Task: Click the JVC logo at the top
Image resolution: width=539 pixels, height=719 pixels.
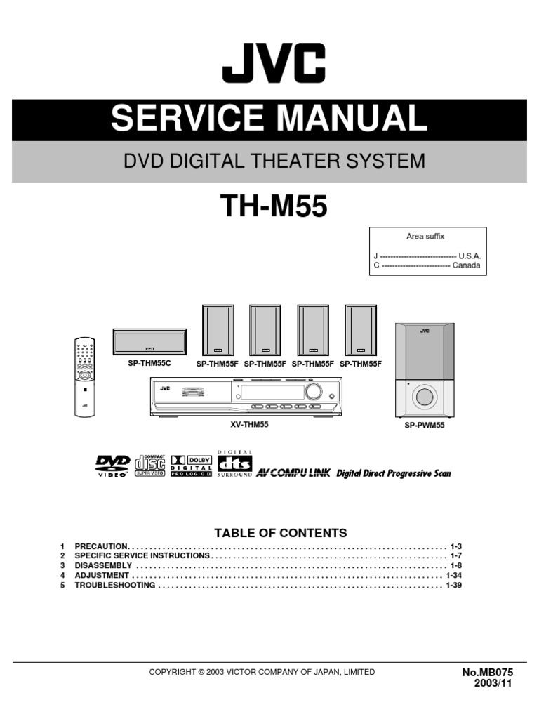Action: pyautogui.click(x=274, y=62)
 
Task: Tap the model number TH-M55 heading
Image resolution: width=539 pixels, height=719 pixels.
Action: pyautogui.click(x=274, y=206)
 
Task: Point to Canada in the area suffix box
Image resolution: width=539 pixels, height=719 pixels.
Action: pyautogui.click(x=466, y=266)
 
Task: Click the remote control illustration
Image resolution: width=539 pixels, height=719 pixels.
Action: pyautogui.click(x=85, y=376)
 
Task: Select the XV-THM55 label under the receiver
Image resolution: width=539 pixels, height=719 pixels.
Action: pyautogui.click(x=250, y=425)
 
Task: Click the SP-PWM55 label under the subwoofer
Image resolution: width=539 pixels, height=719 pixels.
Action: pyautogui.click(x=425, y=426)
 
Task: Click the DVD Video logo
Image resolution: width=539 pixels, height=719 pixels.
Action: pyautogui.click(x=112, y=466)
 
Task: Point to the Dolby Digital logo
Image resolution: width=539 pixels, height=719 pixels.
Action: pyautogui.click(x=191, y=464)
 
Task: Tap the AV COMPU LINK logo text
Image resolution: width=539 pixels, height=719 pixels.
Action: pyautogui.click(x=293, y=473)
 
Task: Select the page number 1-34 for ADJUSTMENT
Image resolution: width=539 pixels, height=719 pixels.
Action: pyautogui.click(x=453, y=575)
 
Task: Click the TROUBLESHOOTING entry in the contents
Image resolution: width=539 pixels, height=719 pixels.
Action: pyautogui.click(x=115, y=585)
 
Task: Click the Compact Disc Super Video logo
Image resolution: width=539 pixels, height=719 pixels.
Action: pyautogui.click(x=150, y=464)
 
